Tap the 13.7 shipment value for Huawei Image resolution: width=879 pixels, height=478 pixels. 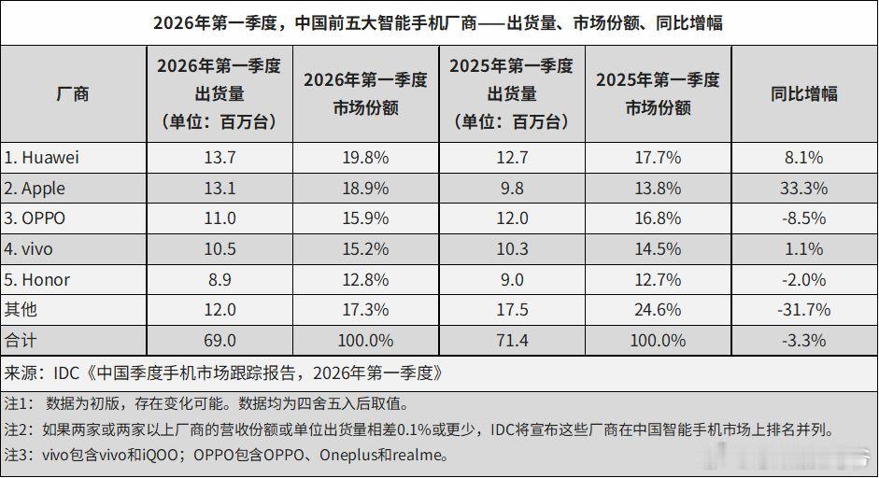(x=219, y=158)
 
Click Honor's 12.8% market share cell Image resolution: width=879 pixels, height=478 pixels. (x=364, y=280)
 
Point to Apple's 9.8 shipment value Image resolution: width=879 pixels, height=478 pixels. (x=511, y=189)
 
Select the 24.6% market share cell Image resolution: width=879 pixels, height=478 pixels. (x=658, y=310)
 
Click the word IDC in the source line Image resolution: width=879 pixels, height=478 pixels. (x=65, y=373)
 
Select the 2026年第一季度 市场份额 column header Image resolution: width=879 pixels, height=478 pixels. (x=364, y=93)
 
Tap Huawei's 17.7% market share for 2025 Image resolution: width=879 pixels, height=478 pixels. (x=658, y=158)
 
